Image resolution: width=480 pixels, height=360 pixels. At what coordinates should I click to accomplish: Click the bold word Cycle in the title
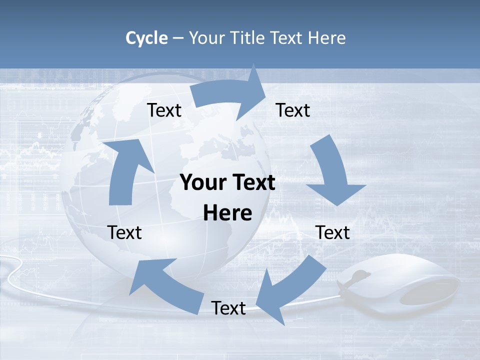[146, 38]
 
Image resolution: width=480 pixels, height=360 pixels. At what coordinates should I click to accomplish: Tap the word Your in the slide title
[206, 38]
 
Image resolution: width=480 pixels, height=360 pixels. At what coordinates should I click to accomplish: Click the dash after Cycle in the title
[178, 38]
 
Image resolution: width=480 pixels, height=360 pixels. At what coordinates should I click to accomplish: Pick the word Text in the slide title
[286, 38]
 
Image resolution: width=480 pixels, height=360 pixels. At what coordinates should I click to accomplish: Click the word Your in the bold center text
[203, 183]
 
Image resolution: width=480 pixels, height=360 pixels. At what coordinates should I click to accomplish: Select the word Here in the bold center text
[227, 213]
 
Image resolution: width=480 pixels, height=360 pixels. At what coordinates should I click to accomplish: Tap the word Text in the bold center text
[253, 183]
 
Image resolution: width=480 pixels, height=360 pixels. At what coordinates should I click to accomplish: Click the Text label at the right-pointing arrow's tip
[293, 110]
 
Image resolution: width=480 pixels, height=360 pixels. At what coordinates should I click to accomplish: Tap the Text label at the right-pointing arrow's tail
[164, 110]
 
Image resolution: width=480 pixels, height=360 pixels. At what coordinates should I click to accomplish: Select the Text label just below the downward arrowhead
[332, 232]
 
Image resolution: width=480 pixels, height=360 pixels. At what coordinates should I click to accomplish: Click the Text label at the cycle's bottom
[228, 308]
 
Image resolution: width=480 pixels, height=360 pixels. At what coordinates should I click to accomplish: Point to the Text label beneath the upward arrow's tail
[125, 232]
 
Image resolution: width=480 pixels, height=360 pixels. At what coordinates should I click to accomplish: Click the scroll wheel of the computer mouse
[361, 276]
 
